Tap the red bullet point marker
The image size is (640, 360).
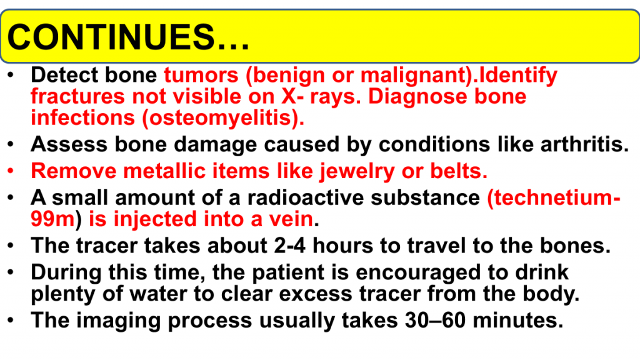click(x=11, y=171)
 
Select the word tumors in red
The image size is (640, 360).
click(x=201, y=75)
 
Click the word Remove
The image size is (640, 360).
click(x=74, y=171)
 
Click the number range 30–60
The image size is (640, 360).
click(x=435, y=320)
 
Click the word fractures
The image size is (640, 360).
click(x=77, y=97)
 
